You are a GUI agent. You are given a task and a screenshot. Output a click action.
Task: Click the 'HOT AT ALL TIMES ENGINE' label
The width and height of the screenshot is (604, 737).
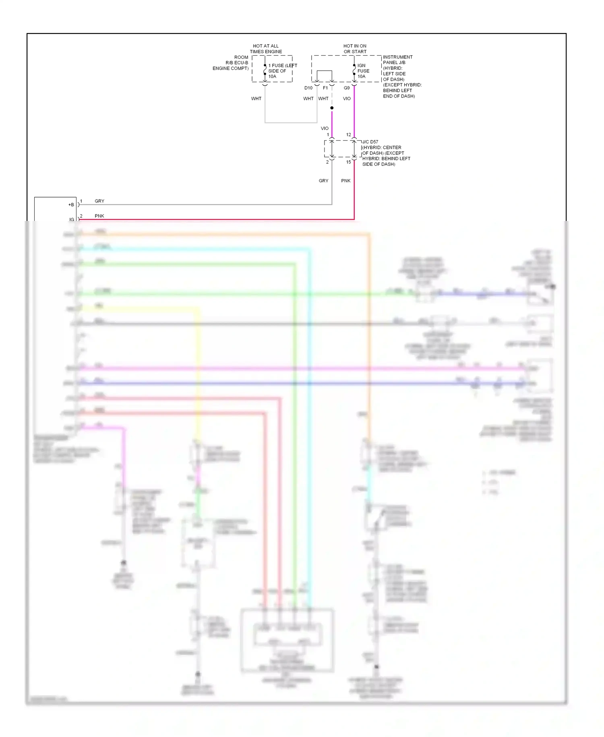tap(266, 49)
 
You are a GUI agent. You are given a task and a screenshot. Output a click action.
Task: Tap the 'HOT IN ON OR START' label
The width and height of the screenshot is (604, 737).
tap(355, 49)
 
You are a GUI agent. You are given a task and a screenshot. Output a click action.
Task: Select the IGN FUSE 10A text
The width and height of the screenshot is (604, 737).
tap(363, 71)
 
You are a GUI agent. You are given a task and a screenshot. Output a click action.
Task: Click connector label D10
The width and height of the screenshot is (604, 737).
tap(308, 88)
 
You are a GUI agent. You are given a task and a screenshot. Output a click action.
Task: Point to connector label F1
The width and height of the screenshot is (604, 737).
tap(325, 88)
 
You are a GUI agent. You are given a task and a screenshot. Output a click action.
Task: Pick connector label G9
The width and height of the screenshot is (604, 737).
tap(347, 88)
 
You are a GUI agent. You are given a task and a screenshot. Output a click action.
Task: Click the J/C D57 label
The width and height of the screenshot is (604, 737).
tap(370, 142)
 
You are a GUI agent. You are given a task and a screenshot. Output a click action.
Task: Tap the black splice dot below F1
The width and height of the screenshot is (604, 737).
tap(332, 108)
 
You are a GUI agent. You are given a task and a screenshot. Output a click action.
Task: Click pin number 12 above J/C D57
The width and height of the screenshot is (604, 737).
tap(349, 135)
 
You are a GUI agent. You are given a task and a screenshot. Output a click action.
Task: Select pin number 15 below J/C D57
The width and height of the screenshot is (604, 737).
tap(349, 162)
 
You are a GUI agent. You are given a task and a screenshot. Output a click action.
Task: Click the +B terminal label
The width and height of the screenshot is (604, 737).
tap(71, 205)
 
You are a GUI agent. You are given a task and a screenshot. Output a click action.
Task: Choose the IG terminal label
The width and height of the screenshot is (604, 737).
tap(72, 219)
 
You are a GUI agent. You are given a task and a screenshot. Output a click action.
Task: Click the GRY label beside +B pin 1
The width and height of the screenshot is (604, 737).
tap(99, 201)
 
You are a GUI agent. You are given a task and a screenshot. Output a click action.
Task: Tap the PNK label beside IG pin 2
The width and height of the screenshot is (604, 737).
tap(99, 216)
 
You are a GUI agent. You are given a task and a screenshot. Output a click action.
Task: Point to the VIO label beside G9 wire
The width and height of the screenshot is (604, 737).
tap(347, 98)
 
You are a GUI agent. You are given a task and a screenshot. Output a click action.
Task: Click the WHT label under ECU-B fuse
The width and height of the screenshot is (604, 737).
tap(256, 98)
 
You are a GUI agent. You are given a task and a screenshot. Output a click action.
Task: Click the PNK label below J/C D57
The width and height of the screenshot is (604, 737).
tap(346, 181)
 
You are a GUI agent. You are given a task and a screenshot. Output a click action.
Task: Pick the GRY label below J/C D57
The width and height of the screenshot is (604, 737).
tap(323, 181)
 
